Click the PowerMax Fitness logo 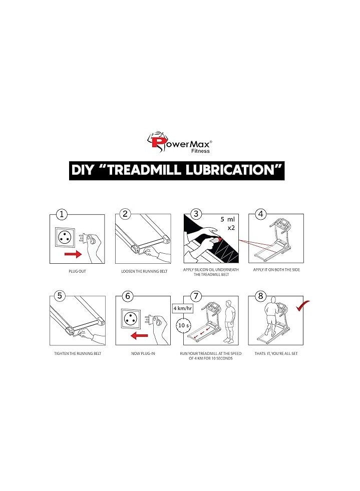(x=180, y=142)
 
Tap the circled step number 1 (x=62, y=215)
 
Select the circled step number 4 (x=261, y=214)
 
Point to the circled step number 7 (x=196, y=296)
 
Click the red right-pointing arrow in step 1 (x=73, y=254)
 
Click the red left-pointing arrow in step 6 (x=139, y=336)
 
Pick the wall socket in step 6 (x=132, y=319)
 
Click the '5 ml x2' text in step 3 (x=228, y=223)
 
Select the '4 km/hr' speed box (x=183, y=308)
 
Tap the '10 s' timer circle (x=183, y=325)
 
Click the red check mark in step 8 (x=302, y=306)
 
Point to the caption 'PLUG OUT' (x=77, y=271)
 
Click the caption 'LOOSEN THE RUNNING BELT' (x=144, y=271)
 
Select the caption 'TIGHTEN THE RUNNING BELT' (x=78, y=353)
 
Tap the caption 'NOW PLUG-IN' (x=143, y=353)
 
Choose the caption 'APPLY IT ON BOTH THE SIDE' (x=276, y=270)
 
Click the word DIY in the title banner (x=83, y=170)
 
